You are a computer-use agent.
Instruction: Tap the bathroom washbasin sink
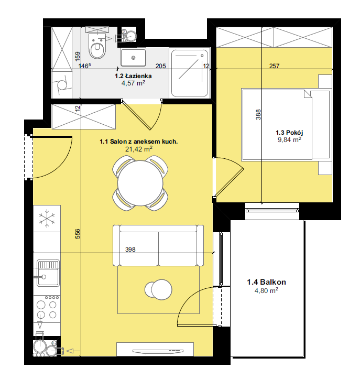click(133, 58)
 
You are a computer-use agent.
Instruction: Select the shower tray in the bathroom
click(190, 73)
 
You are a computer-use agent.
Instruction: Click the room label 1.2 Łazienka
click(133, 76)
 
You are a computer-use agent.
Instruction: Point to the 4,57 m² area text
click(133, 83)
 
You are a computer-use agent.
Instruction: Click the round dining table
click(140, 183)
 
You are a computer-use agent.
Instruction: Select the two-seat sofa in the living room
click(158, 245)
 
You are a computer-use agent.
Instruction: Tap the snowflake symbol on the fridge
click(47, 219)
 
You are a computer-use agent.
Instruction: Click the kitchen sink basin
click(48, 273)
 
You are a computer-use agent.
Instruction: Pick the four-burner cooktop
click(47, 309)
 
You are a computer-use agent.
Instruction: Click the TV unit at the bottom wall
click(155, 349)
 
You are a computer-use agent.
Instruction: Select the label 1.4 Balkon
click(266, 282)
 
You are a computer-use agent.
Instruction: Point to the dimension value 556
click(78, 234)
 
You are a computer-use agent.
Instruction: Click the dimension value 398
click(130, 250)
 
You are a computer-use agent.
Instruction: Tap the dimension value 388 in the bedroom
click(258, 115)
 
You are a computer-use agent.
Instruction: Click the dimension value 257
click(274, 66)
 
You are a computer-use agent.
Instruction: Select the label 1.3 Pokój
click(289, 133)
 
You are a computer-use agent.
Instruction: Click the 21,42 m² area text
click(139, 149)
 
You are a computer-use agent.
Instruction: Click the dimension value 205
click(161, 66)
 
